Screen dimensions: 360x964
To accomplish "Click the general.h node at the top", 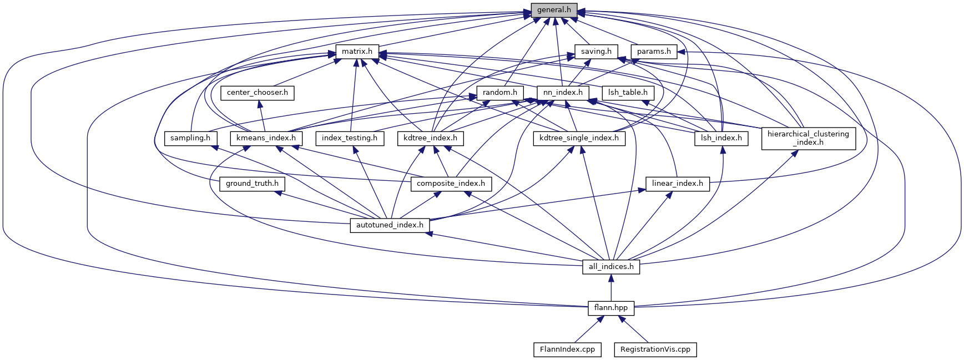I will pos(554,10).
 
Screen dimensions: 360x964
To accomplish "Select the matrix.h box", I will pos(357,52).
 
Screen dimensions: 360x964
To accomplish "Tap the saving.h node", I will pos(596,52).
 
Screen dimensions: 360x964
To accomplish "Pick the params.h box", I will pos(654,52).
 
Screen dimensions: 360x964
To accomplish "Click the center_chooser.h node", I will pos(258,93).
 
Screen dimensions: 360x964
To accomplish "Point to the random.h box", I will pos(500,93).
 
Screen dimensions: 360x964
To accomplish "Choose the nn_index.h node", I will pos(563,93).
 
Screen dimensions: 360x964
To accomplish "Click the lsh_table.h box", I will pos(628,93).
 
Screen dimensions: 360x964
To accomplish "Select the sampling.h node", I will pos(190,138).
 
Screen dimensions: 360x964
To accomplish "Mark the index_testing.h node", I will pos(350,138).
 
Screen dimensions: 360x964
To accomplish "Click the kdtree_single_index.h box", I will pos(579,138).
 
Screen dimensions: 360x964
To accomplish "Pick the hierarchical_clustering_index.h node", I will pos(808,138).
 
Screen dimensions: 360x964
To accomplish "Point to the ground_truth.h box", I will pos(252,183).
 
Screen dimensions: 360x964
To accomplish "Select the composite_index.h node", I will pos(451,183).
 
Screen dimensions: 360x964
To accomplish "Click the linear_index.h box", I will pos(678,183).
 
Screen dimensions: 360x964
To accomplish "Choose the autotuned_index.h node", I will pos(390,225).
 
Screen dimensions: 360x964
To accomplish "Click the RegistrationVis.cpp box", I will pos(655,349).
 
